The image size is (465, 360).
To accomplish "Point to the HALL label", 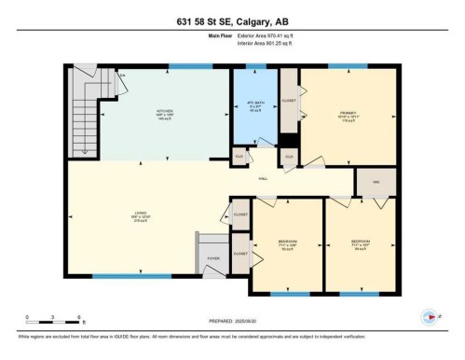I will [x=264, y=177].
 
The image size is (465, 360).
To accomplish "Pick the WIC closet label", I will [x=375, y=182].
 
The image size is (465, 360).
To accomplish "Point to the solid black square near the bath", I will [x=289, y=141].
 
